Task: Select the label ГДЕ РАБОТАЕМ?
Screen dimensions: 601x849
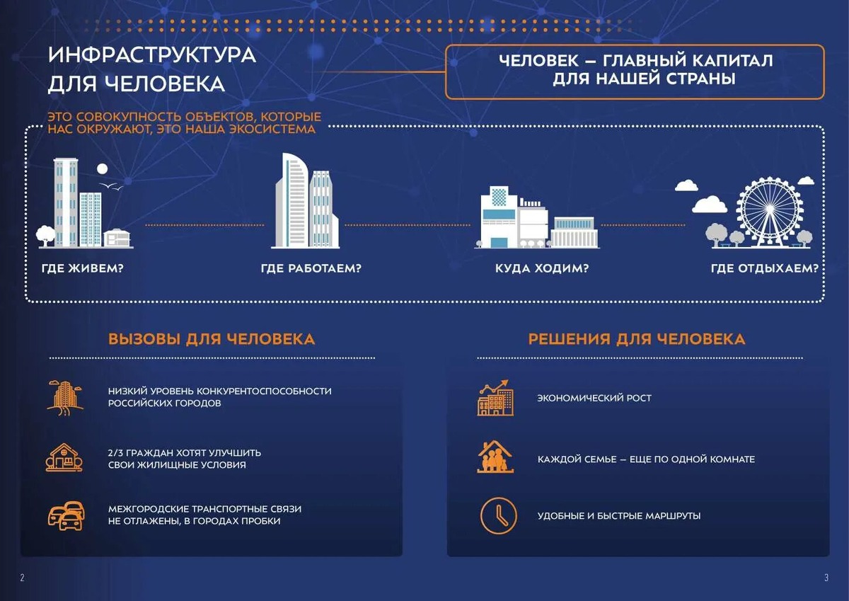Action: (311, 269)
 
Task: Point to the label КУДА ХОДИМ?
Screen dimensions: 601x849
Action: (542, 269)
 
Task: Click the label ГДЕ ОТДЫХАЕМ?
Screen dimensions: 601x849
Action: (765, 269)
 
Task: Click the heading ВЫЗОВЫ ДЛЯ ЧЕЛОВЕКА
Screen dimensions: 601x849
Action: (212, 339)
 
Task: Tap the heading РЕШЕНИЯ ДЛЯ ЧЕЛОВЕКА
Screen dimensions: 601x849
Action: (637, 339)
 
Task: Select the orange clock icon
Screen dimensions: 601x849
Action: (498, 515)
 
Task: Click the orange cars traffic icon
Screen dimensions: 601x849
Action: (66, 515)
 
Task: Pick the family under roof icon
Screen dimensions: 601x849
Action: (496, 457)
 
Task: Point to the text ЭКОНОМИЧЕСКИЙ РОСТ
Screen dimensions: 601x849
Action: (594, 398)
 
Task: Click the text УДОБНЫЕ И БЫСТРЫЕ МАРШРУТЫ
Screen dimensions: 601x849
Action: (619, 516)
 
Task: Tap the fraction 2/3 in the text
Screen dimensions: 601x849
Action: (116, 452)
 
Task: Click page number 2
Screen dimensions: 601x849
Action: (22, 578)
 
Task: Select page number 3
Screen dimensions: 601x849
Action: (826, 578)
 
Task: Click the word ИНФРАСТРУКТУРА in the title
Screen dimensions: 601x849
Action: (152, 55)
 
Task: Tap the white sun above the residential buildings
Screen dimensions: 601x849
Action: (102, 168)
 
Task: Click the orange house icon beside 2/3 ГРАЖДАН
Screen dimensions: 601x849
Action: (64, 457)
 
